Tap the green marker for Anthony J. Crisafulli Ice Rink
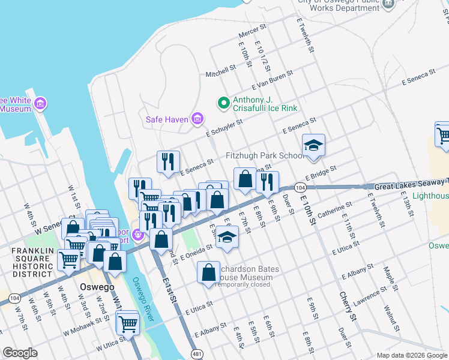(224, 103)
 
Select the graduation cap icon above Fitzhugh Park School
(313, 145)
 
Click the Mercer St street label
(252, 30)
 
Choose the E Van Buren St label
(273, 79)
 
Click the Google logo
(20, 353)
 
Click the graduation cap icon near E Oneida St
(227, 238)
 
